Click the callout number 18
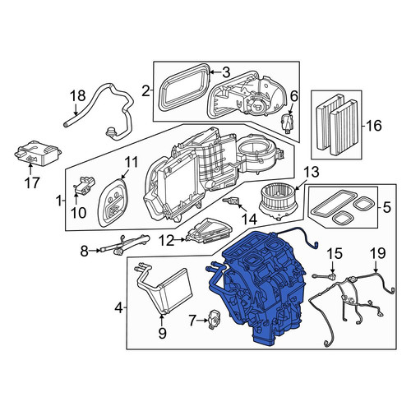[78, 96]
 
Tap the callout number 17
[32, 182]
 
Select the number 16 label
[374, 126]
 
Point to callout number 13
[312, 173]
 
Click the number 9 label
[162, 333]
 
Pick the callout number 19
[378, 254]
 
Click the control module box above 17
[37, 153]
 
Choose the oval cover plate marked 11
[113, 202]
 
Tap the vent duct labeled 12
[210, 230]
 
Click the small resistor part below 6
[288, 123]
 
